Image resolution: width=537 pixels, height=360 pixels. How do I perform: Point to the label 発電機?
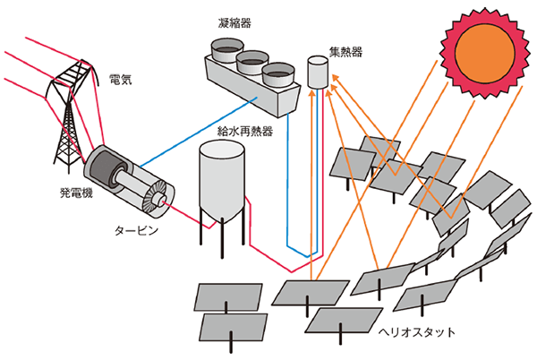click(x=65, y=192)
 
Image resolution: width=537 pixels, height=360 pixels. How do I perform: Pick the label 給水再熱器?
click(x=245, y=131)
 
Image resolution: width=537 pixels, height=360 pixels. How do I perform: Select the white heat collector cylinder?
click(x=317, y=73)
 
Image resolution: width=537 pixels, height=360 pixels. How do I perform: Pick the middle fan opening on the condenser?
click(x=251, y=59)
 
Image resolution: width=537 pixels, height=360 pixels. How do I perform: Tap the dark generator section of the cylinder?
click(x=101, y=170)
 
